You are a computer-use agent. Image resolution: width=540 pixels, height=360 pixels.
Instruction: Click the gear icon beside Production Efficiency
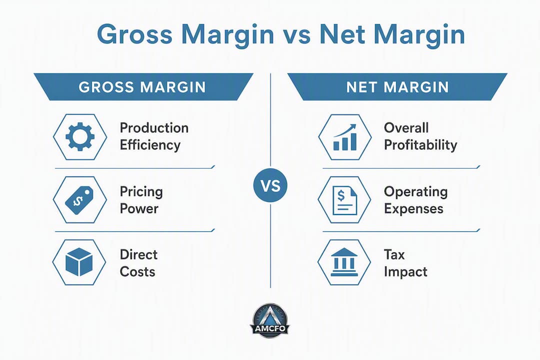80,137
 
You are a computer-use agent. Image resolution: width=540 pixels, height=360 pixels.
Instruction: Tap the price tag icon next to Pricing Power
79,200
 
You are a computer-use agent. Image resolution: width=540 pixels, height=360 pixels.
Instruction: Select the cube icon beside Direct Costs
79,262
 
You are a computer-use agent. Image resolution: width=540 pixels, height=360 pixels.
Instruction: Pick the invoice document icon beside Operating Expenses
344,200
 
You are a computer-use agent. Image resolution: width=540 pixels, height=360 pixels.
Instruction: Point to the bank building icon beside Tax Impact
344,262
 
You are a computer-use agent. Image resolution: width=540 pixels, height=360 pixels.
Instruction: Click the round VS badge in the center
270,185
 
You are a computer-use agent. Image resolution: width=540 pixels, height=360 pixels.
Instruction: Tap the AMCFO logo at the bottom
269,320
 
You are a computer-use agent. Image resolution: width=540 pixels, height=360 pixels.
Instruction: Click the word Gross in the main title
134,34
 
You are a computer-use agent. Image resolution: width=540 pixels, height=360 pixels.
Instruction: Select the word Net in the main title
342,34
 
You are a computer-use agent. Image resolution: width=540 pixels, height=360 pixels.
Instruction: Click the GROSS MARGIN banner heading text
142,87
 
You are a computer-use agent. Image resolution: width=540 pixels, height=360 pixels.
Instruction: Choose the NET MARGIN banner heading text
398,87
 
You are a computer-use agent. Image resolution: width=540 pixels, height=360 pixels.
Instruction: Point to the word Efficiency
150,145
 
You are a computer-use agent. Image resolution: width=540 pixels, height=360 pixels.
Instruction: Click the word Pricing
141,192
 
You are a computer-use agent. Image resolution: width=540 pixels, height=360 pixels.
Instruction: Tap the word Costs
137,272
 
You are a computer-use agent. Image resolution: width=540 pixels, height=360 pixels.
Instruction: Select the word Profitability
420,145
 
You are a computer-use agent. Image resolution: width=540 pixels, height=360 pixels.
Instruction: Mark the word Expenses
413,209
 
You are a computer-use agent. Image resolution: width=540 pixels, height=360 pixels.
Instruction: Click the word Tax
394,255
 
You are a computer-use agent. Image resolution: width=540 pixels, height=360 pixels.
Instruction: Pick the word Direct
138,254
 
